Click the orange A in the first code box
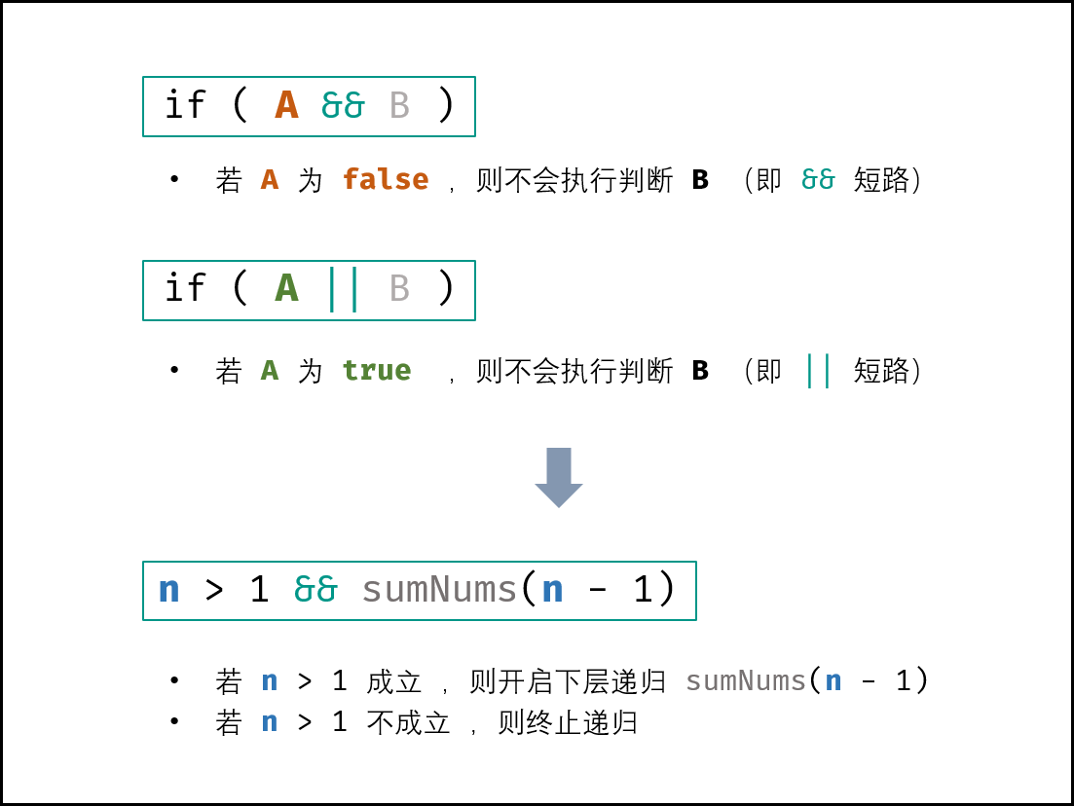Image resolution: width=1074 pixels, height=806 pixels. [x=286, y=105]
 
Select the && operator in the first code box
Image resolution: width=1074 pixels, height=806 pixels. [x=343, y=105]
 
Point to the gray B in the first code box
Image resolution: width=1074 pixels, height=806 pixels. [x=399, y=105]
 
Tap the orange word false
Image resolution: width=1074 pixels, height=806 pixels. [x=386, y=179]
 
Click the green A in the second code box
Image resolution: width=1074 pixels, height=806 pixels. [x=286, y=288]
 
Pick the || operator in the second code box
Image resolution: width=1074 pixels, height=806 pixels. [x=343, y=290]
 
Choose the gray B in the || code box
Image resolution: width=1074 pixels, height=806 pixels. [x=399, y=288]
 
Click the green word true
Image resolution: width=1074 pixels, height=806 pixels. [x=377, y=371]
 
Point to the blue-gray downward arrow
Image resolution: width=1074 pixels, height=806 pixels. [x=559, y=477]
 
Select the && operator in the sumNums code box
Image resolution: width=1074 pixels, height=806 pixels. [x=315, y=589]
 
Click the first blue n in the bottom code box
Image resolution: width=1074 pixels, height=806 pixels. [x=169, y=590]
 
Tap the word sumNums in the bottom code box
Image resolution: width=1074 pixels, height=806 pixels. [x=439, y=589]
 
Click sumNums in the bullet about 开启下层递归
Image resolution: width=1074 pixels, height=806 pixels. [x=745, y=681]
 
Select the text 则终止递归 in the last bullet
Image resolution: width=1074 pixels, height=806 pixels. [x=568, y=722]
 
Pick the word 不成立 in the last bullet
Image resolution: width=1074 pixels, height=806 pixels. [x=408, y=722]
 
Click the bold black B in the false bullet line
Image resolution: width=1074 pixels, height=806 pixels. [x=700, y=179]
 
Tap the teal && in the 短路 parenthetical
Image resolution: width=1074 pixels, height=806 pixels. [x=818, y=179]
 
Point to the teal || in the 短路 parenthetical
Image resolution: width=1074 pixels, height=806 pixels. [x=819, y=371]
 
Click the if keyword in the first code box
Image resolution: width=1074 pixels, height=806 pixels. [x=185, y=105]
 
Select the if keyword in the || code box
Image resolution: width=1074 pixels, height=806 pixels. [x=185, y=287]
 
